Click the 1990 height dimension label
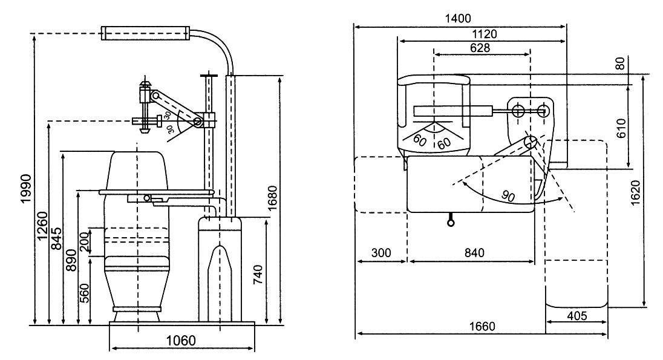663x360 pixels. [x=26, y=188]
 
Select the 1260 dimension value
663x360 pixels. [x=42, y=225]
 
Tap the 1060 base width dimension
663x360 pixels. [x=181, y=340]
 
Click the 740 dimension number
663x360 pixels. [x=257, y=275]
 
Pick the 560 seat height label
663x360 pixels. [x=85, y=293]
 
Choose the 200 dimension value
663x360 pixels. [x=85, y=242]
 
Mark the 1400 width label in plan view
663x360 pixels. [x=458, y=19]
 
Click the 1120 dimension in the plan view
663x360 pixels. [x=484, y=34]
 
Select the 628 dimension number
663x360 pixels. [x=480, y=47]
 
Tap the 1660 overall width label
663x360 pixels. [x=482, y=327]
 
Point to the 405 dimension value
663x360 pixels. [x=576, y=316]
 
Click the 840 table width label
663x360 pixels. [x=474, y=253]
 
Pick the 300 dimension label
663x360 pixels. [x=381, y=253]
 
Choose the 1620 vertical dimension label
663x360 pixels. [x=636, y=193]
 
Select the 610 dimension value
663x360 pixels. [x=621, y=128]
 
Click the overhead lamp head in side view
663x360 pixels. [x=145, y=33]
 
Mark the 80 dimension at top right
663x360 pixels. [x=620, y=64]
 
